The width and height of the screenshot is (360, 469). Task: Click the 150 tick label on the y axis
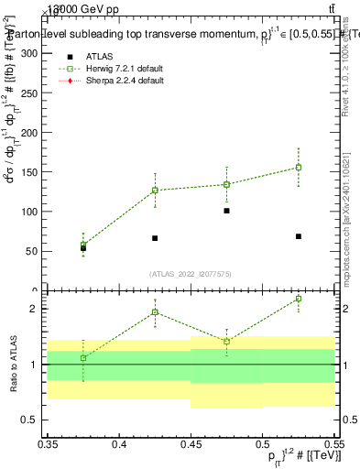[x=30, y=172]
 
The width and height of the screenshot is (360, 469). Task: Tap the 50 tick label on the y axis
[x=33, y=251]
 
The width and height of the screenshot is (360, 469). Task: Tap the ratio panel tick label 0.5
[x=33, y=420]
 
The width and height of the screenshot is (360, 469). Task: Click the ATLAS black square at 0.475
[x=226, y=211]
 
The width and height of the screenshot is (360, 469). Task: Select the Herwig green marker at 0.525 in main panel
[x=298, y=167]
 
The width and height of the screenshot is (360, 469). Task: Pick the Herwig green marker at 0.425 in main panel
[x=155, y=191]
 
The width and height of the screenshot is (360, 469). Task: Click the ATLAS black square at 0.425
[x=155, y=238]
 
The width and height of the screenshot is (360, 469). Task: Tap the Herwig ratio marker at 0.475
[x=226, y=341]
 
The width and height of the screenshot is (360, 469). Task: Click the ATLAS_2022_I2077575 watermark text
[x=191, y=273]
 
